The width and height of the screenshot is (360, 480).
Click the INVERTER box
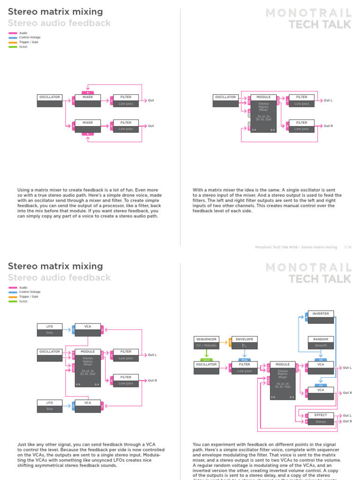pyautogui.click(x=321, y=316)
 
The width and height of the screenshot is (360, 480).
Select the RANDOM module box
pyautogui.click(x=321, y=342)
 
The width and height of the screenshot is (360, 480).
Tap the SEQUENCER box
pyautogui.click(x=206, y=342)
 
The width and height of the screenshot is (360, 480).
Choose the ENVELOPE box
pyautogui.click(x=244, y=342)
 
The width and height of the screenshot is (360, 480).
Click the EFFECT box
pyautogui.click(x=321, y=418)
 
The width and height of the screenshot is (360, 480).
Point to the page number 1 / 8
pyautogui.click(x=347, y=247)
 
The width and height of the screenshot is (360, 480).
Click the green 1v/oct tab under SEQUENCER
pyautogui.click(x=206, y=360)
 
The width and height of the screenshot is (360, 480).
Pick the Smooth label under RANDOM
pyautogui.click(x=321, y=345)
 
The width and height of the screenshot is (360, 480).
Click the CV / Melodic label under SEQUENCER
pyautogui.click(x=206, y=345)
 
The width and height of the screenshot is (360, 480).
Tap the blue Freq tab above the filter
pyautogui.click(x=244, y=360)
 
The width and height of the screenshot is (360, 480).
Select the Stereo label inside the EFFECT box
pyautogui.click(x=321, y=421)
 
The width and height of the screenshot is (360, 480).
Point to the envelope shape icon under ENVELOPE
pyautogui.click(x=244, y=345)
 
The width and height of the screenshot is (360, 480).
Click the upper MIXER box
pyautogui.click(x=88, y=100)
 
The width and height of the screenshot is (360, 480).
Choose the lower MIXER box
pyautogui.click(x=88, y=125)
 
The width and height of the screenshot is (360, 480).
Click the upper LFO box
pyautogui.click(x=50, y=329)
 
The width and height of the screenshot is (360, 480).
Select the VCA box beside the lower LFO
pyautogui.click(x=88, y=405)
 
